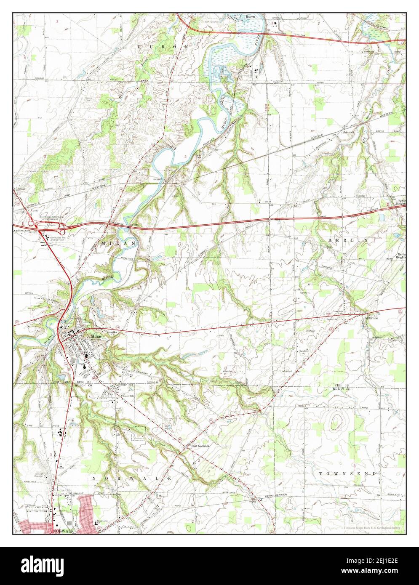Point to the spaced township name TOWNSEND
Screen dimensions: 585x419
(x=347, y=473)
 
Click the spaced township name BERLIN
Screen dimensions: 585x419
(x=347, y=239)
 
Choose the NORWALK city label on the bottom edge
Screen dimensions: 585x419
(x=63, y=531)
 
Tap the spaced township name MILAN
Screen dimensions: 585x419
(x=118, y=244)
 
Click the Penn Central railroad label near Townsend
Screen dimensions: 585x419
(x=275, y=497)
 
